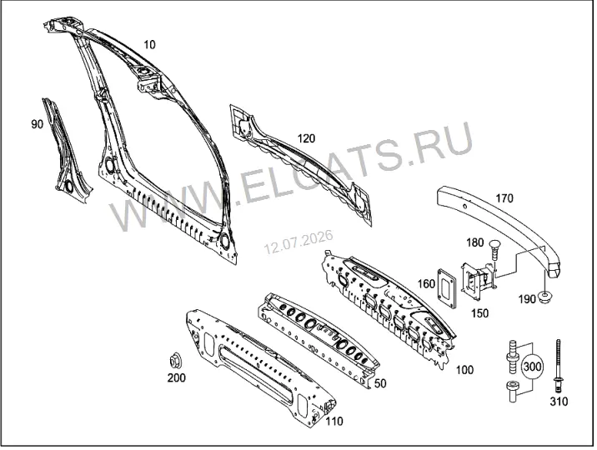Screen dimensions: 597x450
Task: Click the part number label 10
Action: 149,45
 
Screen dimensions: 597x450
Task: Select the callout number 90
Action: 37,124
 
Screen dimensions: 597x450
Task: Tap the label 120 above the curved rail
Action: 306,138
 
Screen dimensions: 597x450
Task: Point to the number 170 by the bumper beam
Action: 504,198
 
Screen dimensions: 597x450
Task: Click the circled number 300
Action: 532,367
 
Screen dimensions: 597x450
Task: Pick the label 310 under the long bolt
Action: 559,402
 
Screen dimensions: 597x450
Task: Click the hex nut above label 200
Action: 175,361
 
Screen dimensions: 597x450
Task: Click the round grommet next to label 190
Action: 546,297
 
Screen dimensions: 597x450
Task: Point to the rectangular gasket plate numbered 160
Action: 447,287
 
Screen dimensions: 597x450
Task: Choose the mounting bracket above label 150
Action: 478,281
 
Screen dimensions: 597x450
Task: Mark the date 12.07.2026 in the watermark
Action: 298,242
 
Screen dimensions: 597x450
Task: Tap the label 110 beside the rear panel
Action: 334,421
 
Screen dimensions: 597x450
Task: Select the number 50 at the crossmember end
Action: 380,383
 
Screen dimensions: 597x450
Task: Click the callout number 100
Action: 464,370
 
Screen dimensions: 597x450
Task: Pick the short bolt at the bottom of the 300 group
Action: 511,392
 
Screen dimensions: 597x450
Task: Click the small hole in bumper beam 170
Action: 464,206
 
